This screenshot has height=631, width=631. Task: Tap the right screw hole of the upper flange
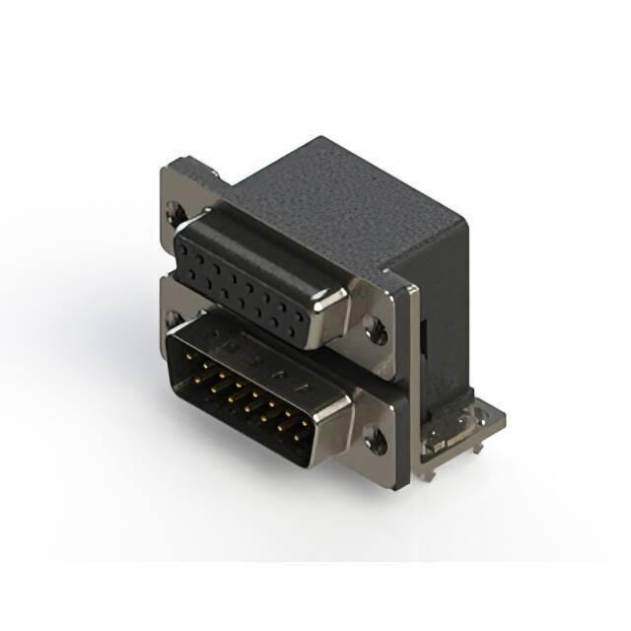pyautogui.click(x=376, y=329)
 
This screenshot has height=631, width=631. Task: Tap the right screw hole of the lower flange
pyautogui.click(x=376, y=440)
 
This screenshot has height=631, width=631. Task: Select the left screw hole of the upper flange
pyautogui.click(x=175, y=209)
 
